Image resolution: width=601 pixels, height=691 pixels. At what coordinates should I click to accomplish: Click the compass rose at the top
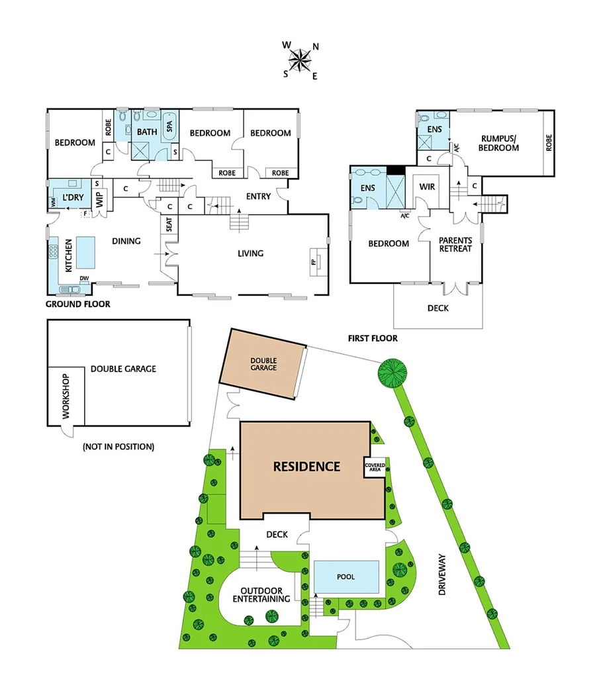301,60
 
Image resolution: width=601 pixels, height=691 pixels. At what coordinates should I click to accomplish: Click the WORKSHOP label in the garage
65,396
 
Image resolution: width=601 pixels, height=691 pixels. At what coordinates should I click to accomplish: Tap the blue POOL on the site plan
346,576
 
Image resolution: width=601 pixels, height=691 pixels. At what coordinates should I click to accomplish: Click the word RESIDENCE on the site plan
306,466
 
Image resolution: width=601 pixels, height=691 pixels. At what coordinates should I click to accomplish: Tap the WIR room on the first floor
427,187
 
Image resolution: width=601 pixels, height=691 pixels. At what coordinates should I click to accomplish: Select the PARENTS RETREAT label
456,244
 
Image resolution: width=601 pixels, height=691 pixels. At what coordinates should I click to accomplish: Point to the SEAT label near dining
169,225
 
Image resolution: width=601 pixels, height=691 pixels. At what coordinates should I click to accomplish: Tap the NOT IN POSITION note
118,447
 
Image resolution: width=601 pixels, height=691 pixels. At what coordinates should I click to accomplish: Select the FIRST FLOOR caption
373,338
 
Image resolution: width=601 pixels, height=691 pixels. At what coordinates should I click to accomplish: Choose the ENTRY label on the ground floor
258,196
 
